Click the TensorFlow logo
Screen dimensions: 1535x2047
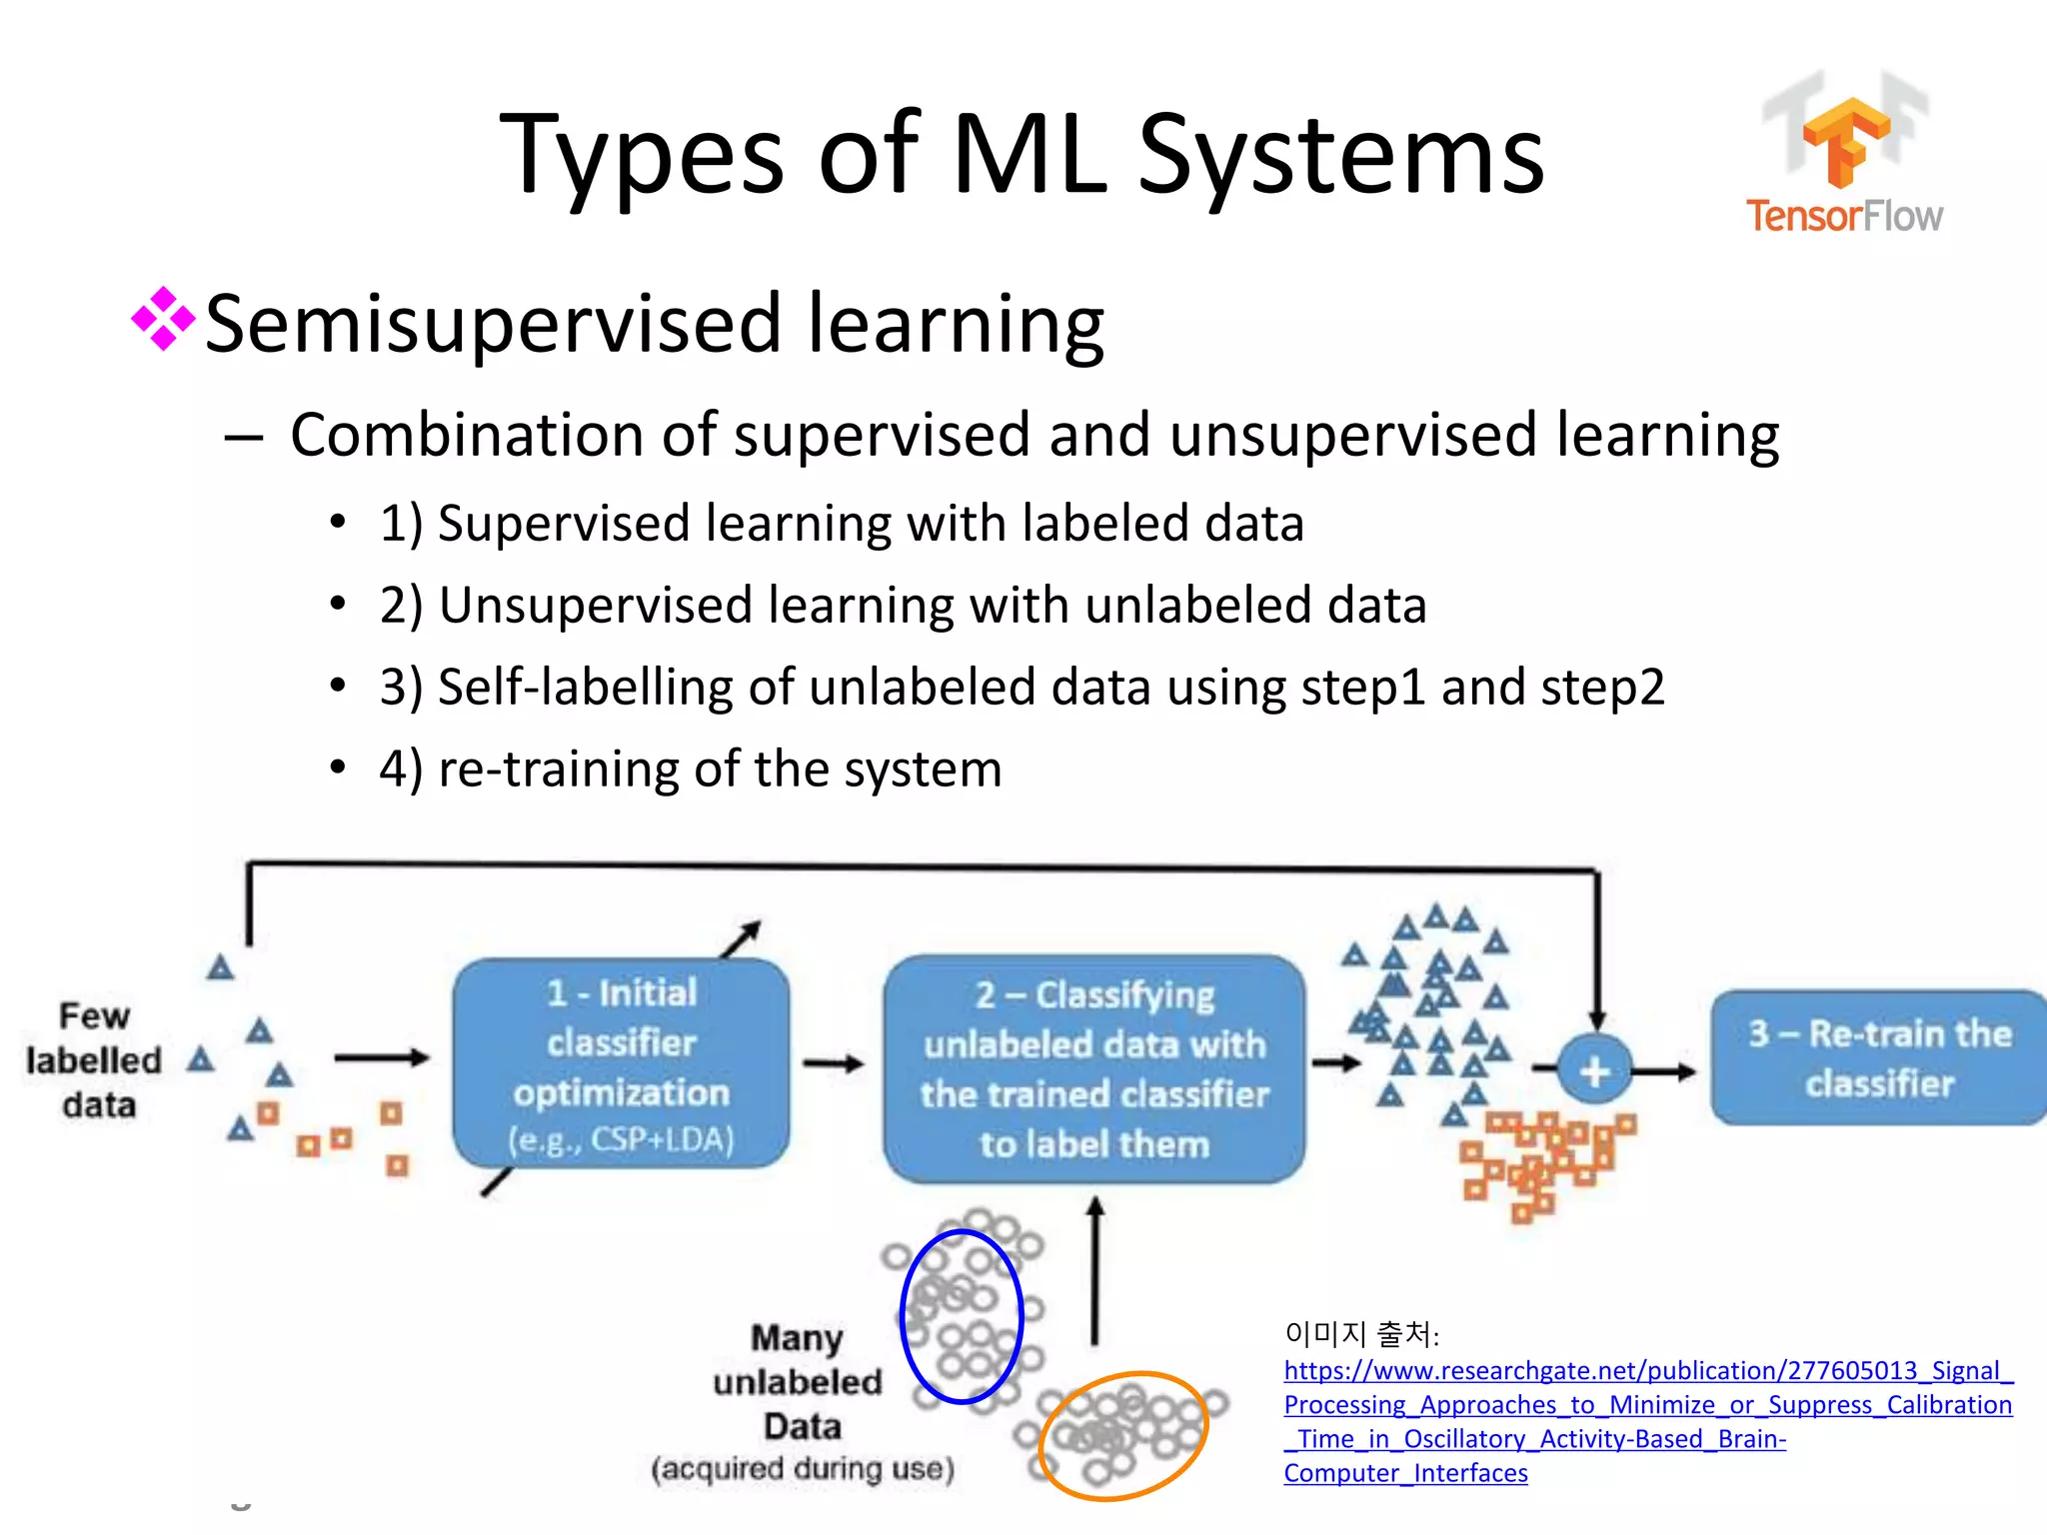(x=1845, y=155)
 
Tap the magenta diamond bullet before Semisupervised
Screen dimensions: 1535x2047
(x=163, y=319)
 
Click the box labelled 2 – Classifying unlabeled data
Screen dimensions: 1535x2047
(x=1093, y=1068)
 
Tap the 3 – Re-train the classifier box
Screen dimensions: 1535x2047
(x=1878, y=1058)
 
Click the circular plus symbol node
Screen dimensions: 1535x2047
(x=1594, y=1071)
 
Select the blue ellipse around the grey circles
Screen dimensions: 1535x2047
(x=962, y=1316)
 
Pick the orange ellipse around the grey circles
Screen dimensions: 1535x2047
(x=1122, y=1435)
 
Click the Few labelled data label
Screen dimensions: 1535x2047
(x=94, y=1060)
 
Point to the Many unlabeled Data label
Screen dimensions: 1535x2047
(x=799, y=1382)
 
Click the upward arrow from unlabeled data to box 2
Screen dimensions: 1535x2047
(x=1095, y=1270)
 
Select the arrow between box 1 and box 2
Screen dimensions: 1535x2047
(x=834, y=1063)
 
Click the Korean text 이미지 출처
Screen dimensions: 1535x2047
(x=1360, y=1333)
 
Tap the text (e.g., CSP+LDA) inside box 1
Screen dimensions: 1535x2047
(x=621, y=1140)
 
